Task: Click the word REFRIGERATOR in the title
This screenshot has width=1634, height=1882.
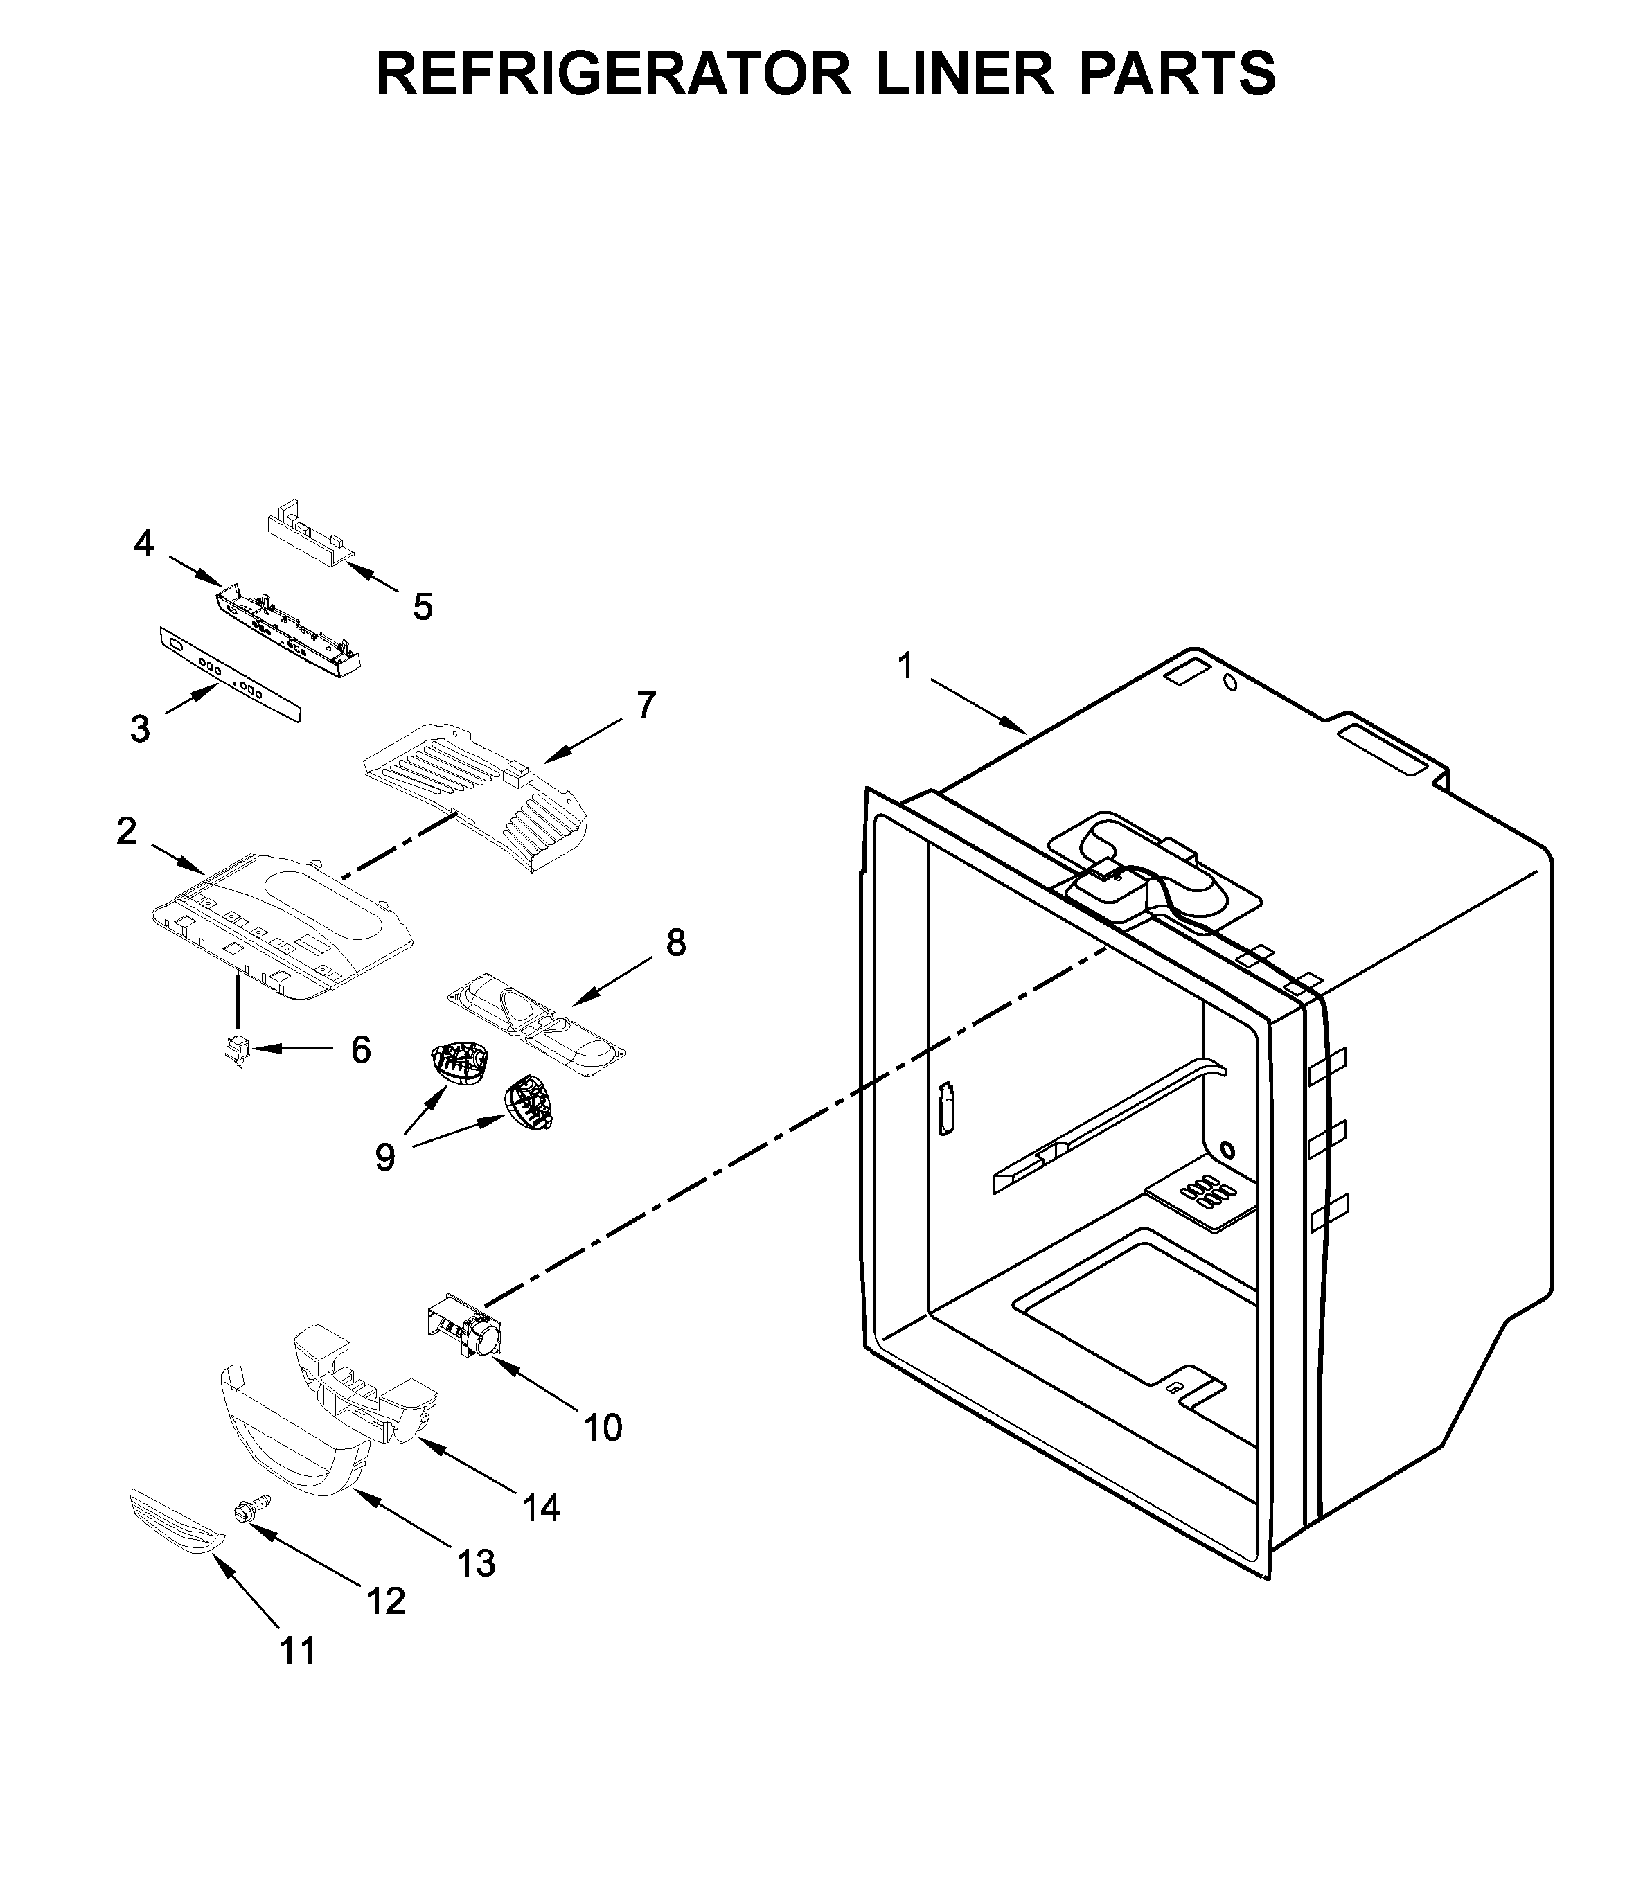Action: point(614,73)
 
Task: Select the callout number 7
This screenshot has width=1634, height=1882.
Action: point(646,705)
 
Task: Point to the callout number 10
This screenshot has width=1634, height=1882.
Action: point(603,1427)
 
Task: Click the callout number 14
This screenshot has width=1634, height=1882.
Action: point(541,1508)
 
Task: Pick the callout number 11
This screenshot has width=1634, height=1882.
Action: point(298,1651)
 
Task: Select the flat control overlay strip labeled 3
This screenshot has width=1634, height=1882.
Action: point(229,674)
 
